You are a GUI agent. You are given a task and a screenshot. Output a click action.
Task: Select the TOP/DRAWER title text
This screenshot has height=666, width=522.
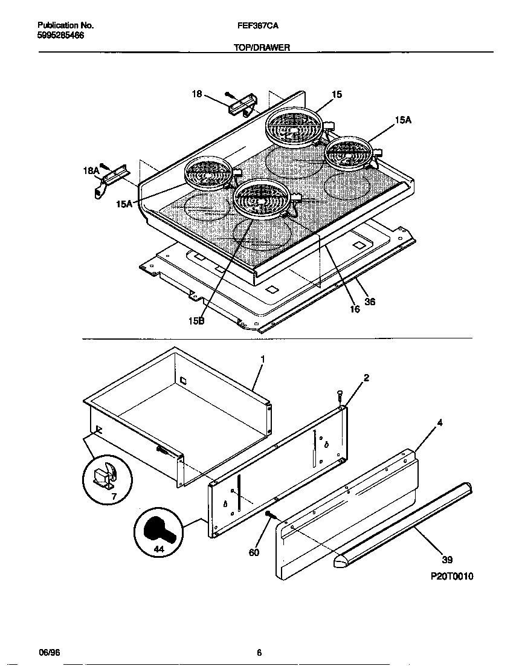pos(262,46)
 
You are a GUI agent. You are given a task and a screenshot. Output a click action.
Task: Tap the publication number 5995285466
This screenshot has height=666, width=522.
pos(60,36)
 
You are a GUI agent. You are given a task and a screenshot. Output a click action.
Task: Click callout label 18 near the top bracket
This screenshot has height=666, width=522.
pos(197,93)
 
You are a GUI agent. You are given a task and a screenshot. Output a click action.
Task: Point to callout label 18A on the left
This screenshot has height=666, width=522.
pos(91,172)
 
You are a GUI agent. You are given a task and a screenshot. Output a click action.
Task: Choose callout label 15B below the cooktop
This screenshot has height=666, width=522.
pos(196,322)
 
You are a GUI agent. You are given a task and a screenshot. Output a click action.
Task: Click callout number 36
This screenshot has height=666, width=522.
pos(370,302)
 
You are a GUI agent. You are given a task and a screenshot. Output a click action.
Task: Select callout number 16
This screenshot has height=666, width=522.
pos(354,309)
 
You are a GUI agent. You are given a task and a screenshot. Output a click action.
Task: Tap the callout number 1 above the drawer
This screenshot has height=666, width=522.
pos(262,359)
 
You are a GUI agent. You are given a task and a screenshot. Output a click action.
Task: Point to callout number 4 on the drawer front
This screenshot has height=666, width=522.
pos(439,423)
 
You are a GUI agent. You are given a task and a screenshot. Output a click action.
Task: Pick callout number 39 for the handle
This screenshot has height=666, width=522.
pos(447,560)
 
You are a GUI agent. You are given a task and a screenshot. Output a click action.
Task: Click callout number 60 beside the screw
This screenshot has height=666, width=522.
pos(254,552)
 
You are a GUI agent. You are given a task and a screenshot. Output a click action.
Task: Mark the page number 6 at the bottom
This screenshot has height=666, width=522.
pos(259,653)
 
